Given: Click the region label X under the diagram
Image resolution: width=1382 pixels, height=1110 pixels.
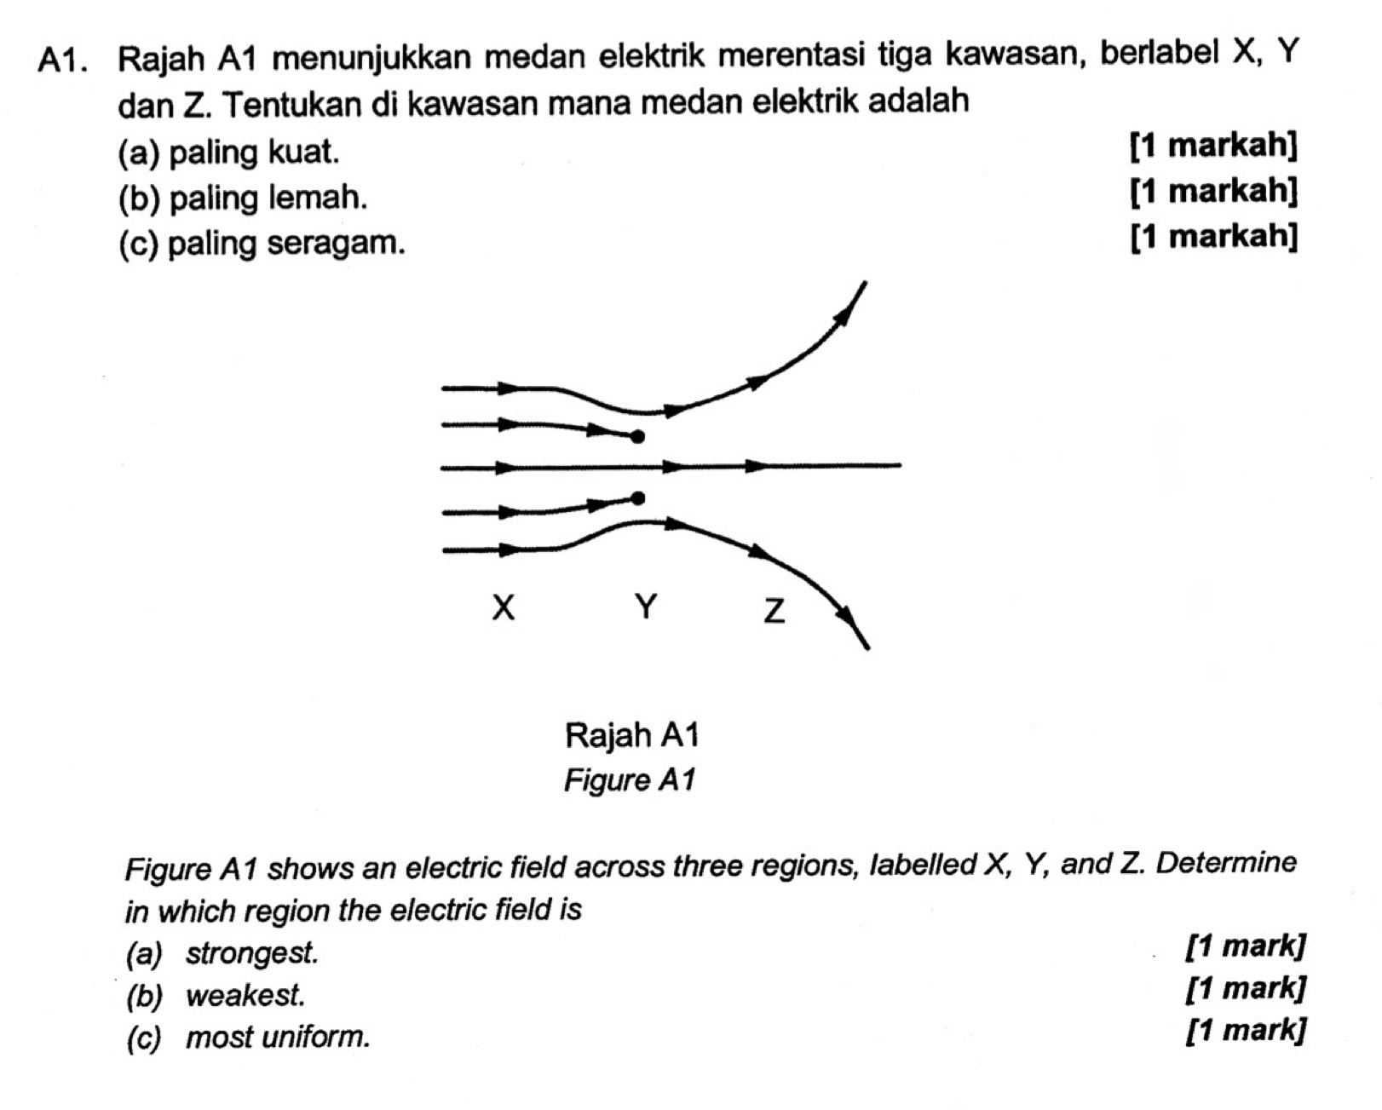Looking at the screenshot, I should coord(504,608).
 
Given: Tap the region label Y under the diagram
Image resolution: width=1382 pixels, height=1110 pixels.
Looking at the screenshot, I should coord(646,607).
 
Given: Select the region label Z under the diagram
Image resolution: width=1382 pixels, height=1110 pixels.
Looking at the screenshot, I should coord(773,611).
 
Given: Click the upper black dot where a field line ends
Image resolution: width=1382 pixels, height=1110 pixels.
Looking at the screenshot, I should coord(637,437).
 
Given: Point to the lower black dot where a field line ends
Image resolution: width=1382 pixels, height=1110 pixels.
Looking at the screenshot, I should coord(637,497).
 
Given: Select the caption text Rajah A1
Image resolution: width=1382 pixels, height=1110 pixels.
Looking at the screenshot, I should coord(631,734).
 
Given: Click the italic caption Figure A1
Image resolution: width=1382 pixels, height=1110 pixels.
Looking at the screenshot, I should coord(630,779).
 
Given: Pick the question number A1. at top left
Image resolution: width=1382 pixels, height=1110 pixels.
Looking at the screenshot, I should coord(65,60).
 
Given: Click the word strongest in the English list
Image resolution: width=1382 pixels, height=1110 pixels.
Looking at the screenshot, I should coord(252,952).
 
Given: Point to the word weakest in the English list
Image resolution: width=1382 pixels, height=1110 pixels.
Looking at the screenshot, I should coord(245,994).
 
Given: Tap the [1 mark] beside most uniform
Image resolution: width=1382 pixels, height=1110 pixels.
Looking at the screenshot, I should coord(1246,1030).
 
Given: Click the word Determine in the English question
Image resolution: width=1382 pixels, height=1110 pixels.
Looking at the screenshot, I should coord(1226,863).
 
